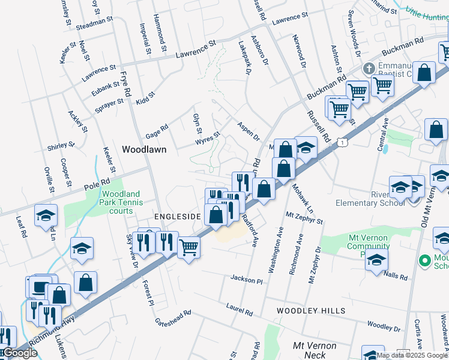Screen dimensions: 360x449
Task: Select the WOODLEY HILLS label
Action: pyautogui.click(x=311, y=311)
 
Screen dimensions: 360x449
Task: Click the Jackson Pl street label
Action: pyautogui.click(x=247, y=280)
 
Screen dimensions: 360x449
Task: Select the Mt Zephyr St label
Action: pyautogui.click(x=304, y=218)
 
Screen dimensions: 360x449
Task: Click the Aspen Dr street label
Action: pyautogui.click(x=248, y=130)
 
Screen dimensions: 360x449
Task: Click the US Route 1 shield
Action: pyautogui.click(x=342, y=142)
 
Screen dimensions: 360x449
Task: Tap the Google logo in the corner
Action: pyautogui.click(x=19, y=353)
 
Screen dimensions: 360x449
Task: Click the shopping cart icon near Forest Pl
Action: pyautogui.click(x=189, y=247)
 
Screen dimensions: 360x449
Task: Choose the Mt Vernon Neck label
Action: pyautogui.click(x=314, y=350)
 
